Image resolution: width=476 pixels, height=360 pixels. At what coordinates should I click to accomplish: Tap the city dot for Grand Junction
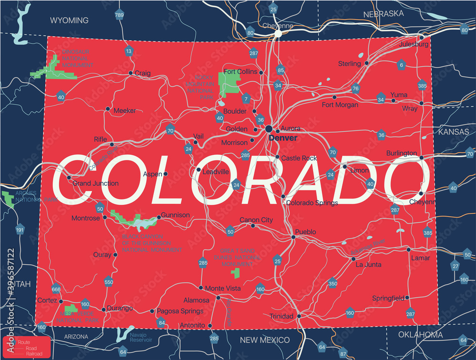click(x=69, y=178)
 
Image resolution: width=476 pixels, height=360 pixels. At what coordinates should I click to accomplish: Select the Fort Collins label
click(x=240, y=72)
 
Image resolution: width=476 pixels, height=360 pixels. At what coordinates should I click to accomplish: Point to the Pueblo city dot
click(x=292, y=237)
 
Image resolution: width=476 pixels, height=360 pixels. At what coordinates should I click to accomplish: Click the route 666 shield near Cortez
click(x=56, y=289)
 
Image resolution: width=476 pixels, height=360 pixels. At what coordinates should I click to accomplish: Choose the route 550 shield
click(x=109, y=282)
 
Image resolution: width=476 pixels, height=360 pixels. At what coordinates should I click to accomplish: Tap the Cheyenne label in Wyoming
click(x=278, y=26)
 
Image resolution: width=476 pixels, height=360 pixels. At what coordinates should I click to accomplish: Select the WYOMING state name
click(x=69, y=20)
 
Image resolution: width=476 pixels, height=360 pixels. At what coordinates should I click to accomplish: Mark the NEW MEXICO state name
click(x=265, y=340)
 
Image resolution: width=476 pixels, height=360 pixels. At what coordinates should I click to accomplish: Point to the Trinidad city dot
click(x=299, y=316)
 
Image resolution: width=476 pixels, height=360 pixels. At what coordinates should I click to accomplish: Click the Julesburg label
click(x=414, y=44)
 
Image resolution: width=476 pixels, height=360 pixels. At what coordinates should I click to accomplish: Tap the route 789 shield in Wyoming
click(x=119, y=16)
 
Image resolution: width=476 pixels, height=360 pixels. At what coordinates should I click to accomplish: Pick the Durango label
click(x=120, y=309)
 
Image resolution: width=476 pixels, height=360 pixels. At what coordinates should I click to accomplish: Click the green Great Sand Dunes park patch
click(x=235, y=272)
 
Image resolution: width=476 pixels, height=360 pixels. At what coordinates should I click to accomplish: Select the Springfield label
click(x=388, y=299)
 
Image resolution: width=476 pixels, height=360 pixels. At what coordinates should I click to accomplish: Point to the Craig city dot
click(x=131, y=73)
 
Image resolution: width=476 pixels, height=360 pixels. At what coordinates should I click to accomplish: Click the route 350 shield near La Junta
click(x=333, y=284)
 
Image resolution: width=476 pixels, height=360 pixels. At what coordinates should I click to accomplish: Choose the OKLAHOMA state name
click(x=420, y=335)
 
